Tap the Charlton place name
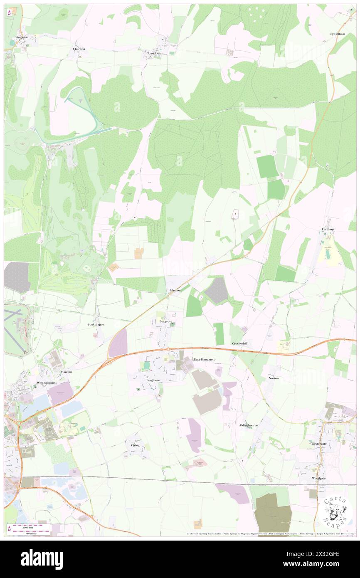79,49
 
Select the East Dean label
155,53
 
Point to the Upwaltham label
337,34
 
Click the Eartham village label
327,229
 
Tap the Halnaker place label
174,290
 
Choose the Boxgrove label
166,321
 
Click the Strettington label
96,324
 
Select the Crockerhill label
239,343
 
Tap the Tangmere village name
153,380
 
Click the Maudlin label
66,372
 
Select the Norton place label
274,378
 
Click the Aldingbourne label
249,425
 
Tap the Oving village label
135,445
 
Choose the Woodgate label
319,478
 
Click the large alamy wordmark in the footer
42,559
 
